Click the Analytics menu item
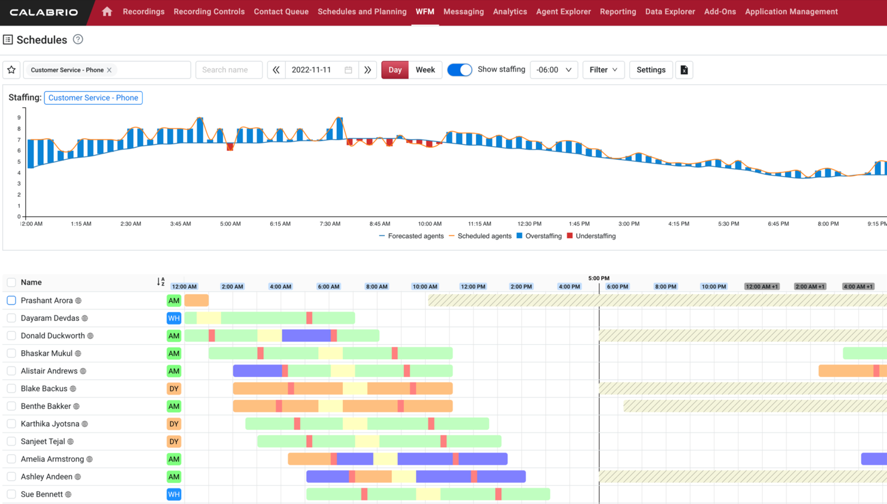509,11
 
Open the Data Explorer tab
669,11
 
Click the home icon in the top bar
107,11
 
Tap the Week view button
425,70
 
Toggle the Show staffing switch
460,70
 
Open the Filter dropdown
603,70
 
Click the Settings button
650,70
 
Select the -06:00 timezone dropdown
553,70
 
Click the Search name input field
229,70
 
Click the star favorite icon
11,70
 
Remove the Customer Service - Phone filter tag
110,70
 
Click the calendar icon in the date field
348,70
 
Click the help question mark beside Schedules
78,40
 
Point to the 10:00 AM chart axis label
430,224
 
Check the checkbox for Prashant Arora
11,300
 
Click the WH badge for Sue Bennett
174,494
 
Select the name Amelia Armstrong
52,459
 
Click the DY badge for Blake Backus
174,388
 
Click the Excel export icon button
684,70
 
